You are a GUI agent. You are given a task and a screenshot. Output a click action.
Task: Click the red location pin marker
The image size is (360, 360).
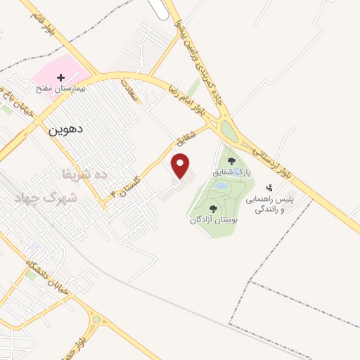[181, 166]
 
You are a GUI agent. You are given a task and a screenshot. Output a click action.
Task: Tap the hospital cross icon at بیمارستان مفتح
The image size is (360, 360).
[61, 77]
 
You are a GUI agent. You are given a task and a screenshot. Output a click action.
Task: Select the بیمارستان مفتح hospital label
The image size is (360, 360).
[61, 90]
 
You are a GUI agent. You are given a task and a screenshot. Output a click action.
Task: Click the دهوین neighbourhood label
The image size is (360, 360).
[66, 130]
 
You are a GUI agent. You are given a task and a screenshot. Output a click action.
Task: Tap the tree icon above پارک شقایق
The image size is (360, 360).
[231, 162]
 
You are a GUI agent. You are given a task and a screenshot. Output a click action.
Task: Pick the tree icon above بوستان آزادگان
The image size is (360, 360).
[212, 210]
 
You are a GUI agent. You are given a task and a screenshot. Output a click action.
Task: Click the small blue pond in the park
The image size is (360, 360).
[221, 186]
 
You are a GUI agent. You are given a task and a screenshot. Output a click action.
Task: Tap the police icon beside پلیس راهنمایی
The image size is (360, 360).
[269, 188]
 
